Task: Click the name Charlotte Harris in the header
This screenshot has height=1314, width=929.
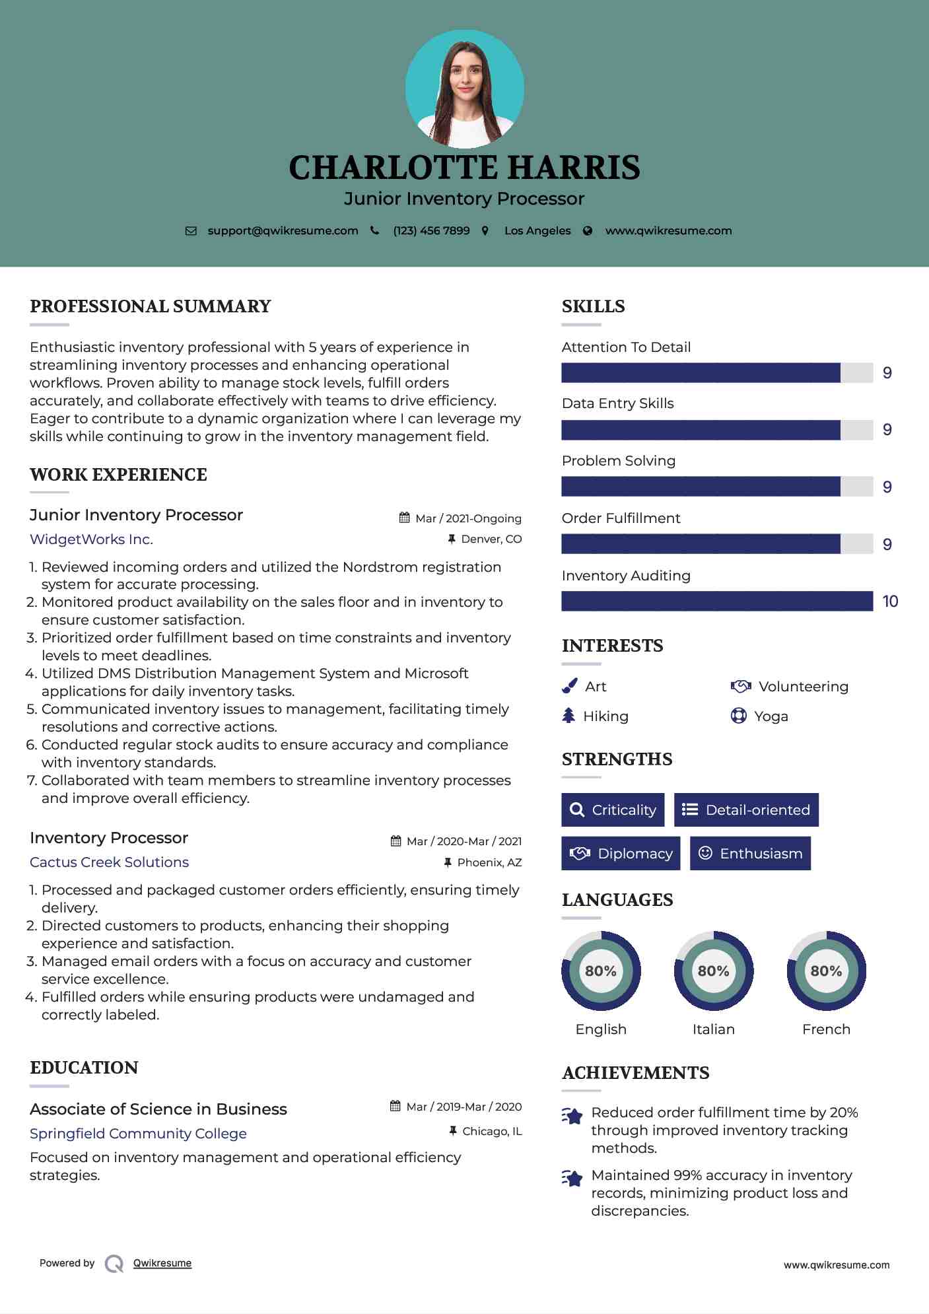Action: coord(464,168)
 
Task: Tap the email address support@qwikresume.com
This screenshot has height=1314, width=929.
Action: coord(283,230)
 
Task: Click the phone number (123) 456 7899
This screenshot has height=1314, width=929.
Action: coord(431,230)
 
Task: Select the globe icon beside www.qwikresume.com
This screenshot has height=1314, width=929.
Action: coord(588,230)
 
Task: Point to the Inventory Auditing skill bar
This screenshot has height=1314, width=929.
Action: coord(717,601)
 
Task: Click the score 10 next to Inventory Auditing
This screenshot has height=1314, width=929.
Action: coord(890,601)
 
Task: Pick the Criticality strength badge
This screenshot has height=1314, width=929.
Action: coord(613,810)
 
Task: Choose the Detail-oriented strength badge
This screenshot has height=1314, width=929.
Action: coord(746,810)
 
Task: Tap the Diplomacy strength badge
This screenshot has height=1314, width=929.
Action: coord(621,853)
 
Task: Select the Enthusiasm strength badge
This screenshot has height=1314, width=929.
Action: coord(750,853)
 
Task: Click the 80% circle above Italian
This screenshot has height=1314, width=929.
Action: coord(713,971)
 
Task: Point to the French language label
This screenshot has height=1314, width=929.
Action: coord(826,1029)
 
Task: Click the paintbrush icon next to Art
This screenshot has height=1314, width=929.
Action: coord(569,686)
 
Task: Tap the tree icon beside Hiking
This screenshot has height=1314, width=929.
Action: coord(568,716)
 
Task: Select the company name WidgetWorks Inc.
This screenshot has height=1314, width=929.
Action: coord(91,539)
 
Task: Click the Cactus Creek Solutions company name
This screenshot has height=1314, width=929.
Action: coord(109,862)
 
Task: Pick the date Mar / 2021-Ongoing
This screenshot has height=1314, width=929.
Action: coord(468,518)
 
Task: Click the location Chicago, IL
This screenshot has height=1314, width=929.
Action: coord(492,1131)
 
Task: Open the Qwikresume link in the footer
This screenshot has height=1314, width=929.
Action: coord(162,1263)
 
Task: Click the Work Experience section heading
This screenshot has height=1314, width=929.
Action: coord(118,474)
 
